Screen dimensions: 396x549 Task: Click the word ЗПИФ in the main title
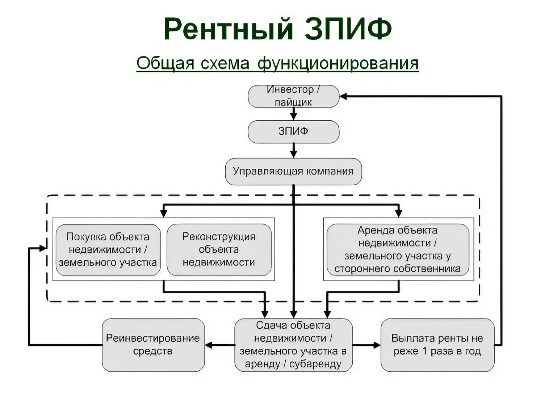(348, 29)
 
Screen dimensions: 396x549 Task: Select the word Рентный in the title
(229, 29)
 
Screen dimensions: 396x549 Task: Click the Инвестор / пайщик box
(293, 96)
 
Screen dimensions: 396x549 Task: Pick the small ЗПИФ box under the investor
(293, 131)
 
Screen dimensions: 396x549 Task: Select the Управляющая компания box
(293, 171)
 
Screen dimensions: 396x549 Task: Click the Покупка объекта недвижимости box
(108, 249)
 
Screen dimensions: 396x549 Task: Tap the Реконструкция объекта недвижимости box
(219, 249)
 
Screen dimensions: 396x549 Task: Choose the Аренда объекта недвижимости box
(398, 249)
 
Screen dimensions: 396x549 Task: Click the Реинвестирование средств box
(153, 345)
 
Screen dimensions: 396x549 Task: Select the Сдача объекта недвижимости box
(293, 345)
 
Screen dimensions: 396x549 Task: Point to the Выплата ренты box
(437, 345)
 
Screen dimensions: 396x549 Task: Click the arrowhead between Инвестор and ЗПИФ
(293, 116)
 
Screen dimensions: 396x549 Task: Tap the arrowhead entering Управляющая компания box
(293, 154)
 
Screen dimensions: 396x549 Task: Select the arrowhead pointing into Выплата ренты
(377, 345)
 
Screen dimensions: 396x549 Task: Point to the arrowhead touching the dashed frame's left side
(43, 248)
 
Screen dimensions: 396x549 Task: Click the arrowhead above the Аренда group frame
(399, 214)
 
